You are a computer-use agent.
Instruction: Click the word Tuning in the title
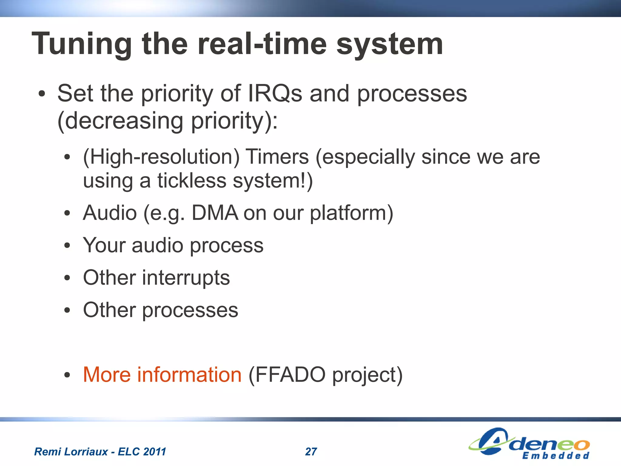coord(82,45)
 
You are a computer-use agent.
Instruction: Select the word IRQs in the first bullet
coord(275,93)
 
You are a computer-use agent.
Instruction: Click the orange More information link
coord(162,375)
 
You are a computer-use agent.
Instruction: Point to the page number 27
coord(311,452)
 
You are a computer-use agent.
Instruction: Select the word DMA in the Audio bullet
coord(215,213)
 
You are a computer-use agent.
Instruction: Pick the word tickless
coord(192,181)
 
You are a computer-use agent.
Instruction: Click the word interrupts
coord(186,278)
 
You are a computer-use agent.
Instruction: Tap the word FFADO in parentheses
coord(287,375)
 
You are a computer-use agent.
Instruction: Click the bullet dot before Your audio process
coord(67,246)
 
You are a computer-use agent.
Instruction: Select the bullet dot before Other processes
coord(67,310)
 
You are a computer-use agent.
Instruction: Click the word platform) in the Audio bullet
coord(351,213)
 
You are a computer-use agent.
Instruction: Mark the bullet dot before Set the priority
coord(42,94)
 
